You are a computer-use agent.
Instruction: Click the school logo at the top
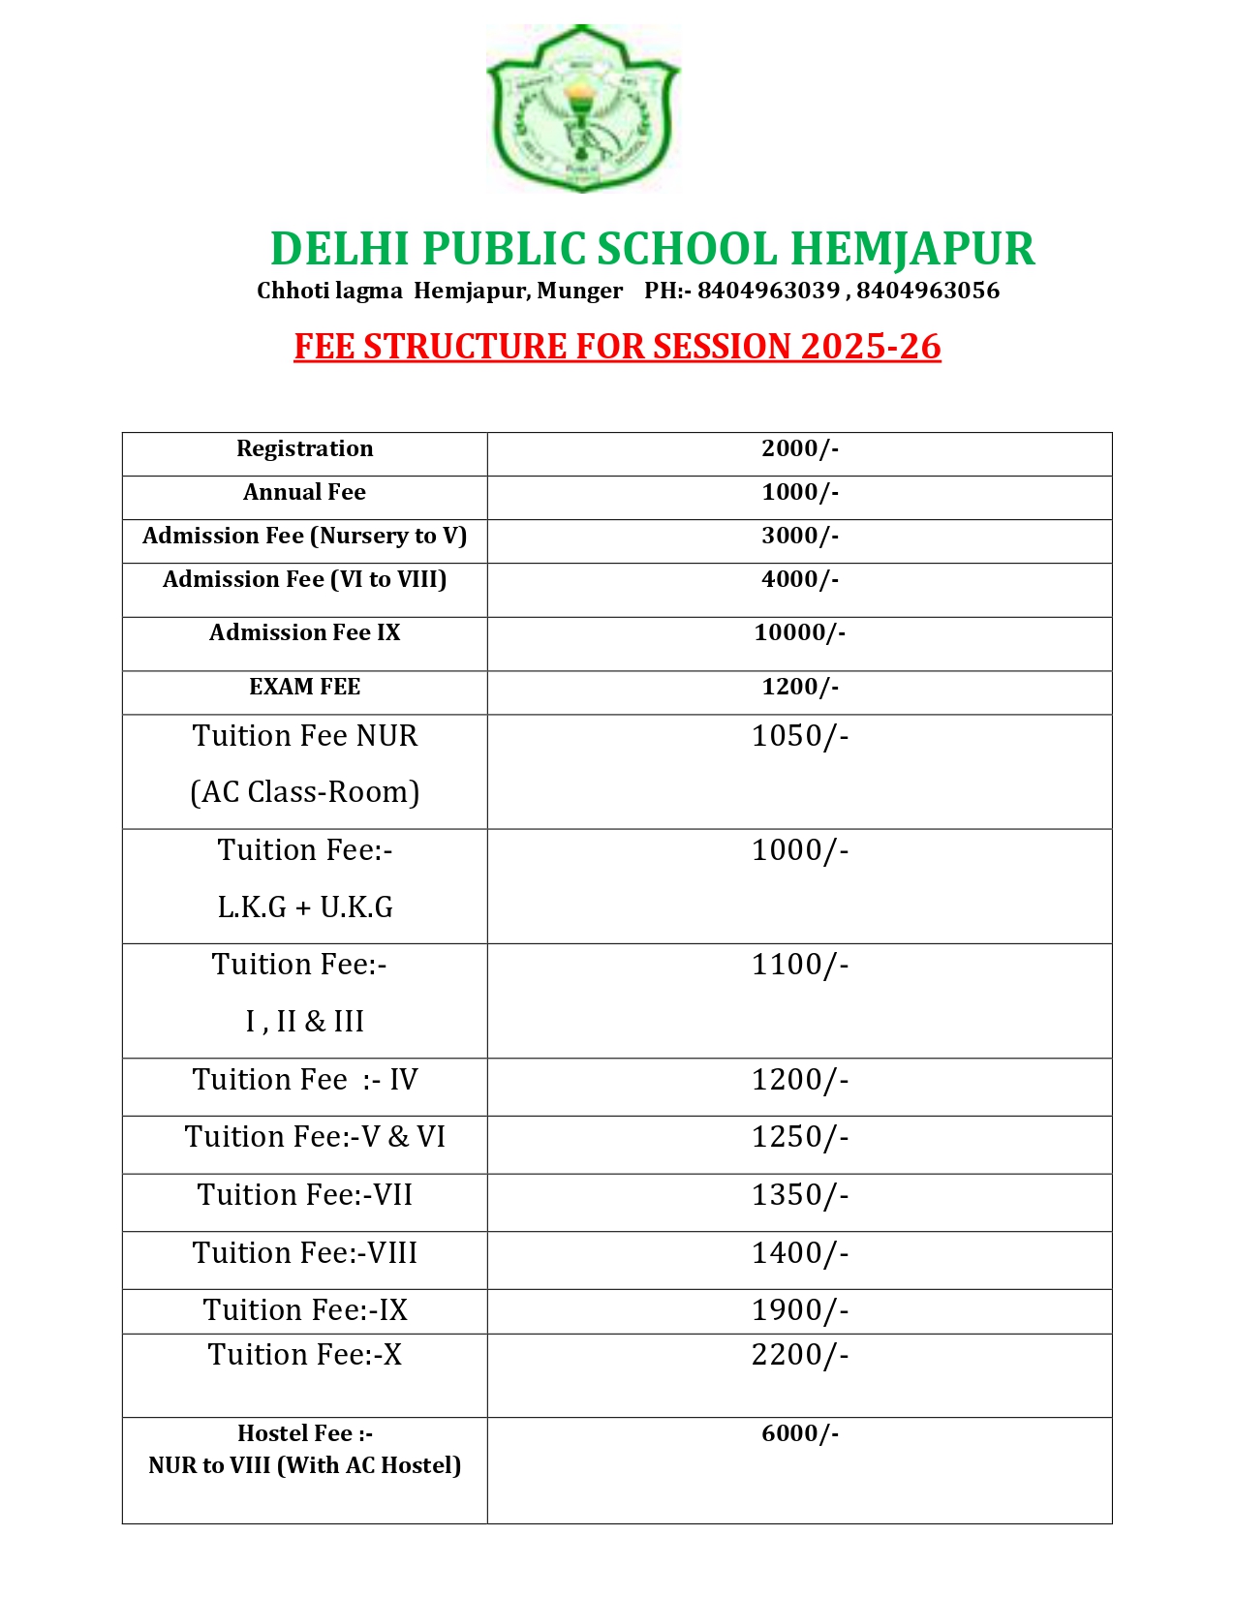[582, 108]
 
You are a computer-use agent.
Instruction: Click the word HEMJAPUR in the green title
[912, 249]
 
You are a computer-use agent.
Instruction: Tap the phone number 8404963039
[768, 291]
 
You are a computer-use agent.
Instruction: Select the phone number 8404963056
[927, 291]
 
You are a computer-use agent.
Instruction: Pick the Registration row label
[304, 448]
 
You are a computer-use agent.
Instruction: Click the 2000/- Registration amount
[799, 448]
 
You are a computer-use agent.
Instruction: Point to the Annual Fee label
[304, 492]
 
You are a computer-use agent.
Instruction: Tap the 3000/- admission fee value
[799, 536]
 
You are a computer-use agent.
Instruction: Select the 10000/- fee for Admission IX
[799, 632]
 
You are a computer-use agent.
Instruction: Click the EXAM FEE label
[304, 687]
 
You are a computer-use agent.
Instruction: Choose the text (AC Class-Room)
[304, 792]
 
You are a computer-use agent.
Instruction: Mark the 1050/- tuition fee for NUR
[799, 736]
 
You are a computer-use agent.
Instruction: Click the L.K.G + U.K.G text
[304, 907]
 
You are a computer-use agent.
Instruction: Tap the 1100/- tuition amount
[799, 965]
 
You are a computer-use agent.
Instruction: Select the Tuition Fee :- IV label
[304, 1080]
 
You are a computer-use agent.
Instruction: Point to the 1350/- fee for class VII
[799, 1195]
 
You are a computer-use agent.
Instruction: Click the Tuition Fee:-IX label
[304, 1310]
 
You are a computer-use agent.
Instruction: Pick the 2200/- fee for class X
[799, 1355]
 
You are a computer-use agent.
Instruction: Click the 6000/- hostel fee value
[799, 1433]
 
